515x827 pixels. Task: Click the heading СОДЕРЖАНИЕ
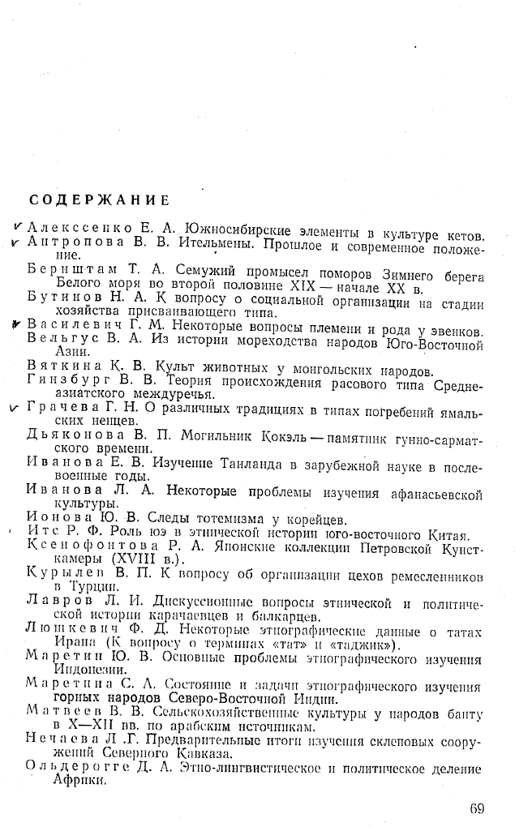(x=100, y=199)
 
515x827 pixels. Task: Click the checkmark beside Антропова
(x=16, y=242)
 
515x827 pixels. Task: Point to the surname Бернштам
(x=68, y=268)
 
